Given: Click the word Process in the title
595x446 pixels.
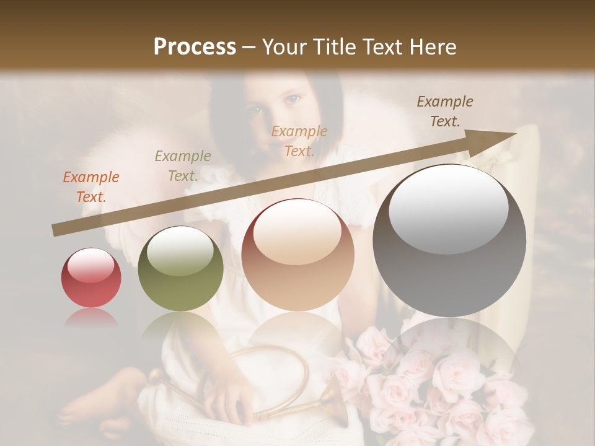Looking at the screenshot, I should tap(195, 47).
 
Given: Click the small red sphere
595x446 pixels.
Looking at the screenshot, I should tap(91, 278).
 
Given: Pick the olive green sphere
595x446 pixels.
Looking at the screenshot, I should tap(180, 268).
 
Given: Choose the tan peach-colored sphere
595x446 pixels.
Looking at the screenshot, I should tap(297, 255).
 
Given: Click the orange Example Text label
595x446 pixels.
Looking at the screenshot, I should tap(91, 187).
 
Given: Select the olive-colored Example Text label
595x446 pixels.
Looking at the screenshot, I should tap(182, 166).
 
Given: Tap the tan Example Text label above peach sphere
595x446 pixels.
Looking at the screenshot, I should tap(299, 141).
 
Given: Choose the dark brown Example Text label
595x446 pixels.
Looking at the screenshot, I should tap(445, 111).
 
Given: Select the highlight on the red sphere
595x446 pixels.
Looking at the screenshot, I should tap(91, 265).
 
